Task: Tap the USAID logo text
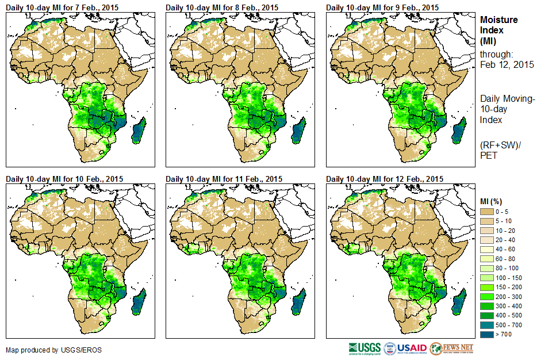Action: click(413, 348)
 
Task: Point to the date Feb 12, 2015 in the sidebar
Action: click(507, 64)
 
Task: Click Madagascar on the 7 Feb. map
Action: click(140, 130)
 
